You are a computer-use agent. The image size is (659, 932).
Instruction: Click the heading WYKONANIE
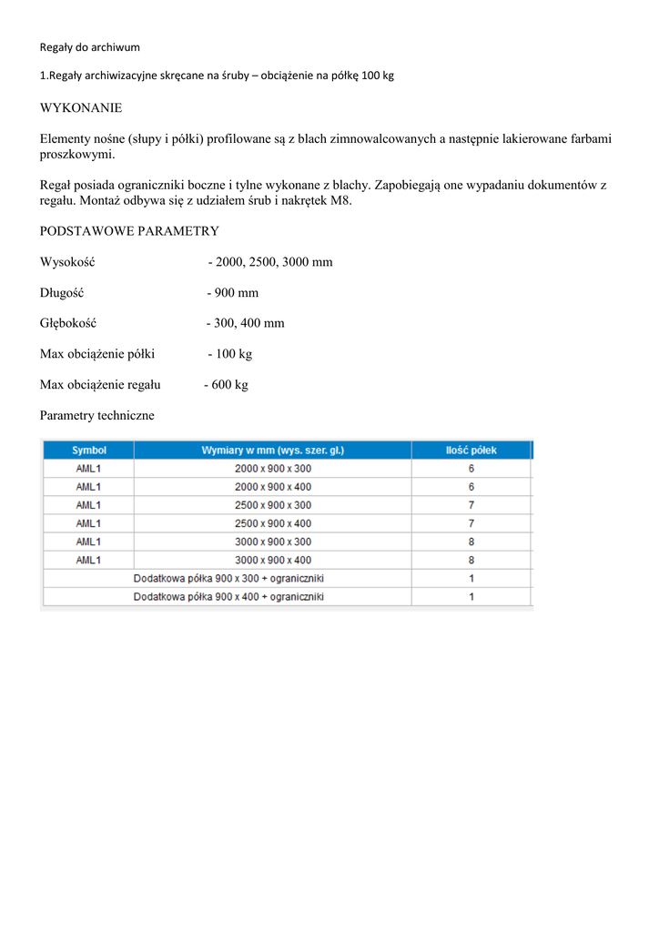pyautogui.click(x=81, y=107)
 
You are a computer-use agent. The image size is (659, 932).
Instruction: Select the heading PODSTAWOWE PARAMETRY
pyautogui.click(x=129, y=231)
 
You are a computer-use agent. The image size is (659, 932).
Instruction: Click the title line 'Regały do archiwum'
pyautogui.click(x=90, y=46)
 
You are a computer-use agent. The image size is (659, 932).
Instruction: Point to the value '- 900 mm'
pyautogui.click(x=232, y=292)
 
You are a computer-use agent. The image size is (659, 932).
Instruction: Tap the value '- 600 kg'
pyautogui.click(x=226, y=384)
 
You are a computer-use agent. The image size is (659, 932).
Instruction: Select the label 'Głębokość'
pyautogui.click(x=68, y=323)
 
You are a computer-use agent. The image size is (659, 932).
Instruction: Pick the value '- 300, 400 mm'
pyautogui.click(x=246, y=323)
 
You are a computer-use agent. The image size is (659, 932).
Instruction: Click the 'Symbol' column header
pyautogui.click(x=89, y=450)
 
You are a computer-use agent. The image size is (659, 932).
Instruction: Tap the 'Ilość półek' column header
pyautogui.click(x=471, y=450)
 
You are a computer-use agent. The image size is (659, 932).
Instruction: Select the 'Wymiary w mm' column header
pyautogui.click(x=273, y=450)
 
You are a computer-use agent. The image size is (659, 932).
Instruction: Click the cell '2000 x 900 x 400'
pyautogui.click(x=273, y=487)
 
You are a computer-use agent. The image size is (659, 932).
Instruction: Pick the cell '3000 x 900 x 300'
pyautogui.click(x=273, y=542)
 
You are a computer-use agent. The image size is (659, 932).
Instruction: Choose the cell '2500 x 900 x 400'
pyautogui.click(x=273, y=523)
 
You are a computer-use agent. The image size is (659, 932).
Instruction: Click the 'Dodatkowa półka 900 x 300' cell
pyautogui.click(x=228, y=578)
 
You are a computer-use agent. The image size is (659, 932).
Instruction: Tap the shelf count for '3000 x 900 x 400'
pyautogui.click(x=471, y=560)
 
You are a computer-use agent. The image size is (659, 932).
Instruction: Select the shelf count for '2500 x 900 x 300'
pyautogui.click(x=471, y=505)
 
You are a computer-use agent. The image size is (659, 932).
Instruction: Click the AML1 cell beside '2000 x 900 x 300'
pyautogui.click(x=89, y=469)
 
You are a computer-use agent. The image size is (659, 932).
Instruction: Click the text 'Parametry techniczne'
pyautogui.click(x=97, y=415)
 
